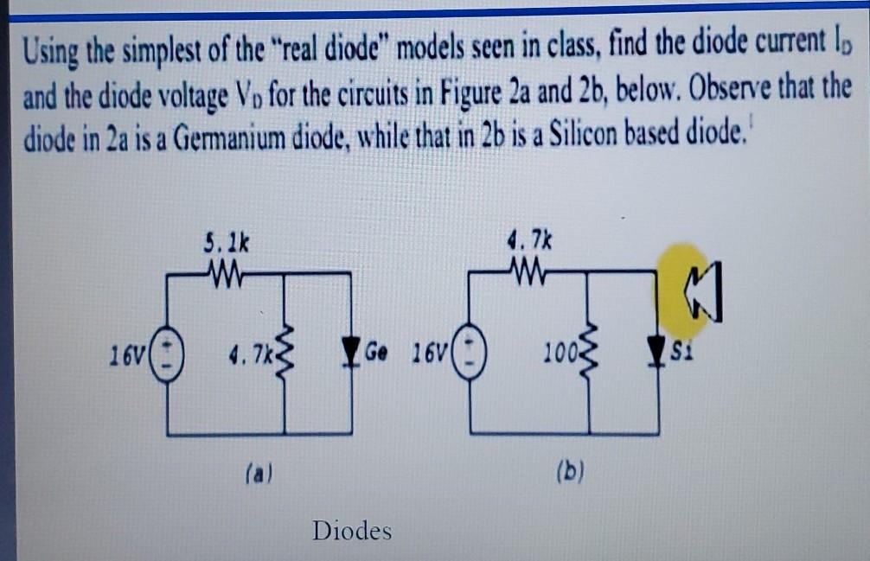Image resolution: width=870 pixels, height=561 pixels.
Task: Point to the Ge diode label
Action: click(x=377, y=352)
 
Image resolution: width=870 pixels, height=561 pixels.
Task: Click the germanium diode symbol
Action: click(x=351, y=353)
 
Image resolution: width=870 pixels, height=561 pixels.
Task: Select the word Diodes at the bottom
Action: click(x=352, y=529)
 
